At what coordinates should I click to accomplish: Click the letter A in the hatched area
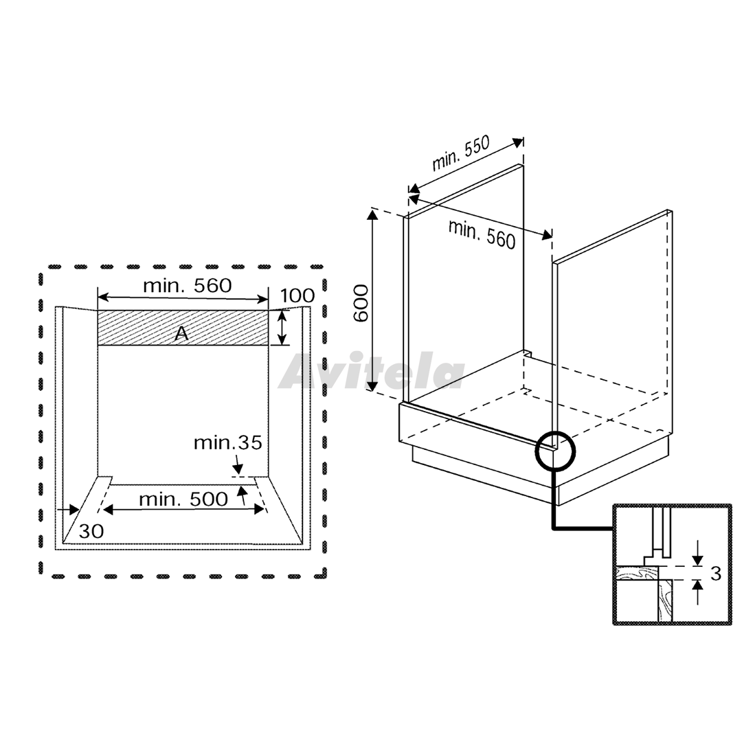pos(181,334)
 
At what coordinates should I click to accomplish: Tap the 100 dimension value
pos(297,295)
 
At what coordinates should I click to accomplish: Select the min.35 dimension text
pos(227,443)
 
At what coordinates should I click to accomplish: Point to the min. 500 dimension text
pos(183,499)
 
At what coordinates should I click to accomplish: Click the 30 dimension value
pos(91,531)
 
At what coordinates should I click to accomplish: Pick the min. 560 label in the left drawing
pos(188,285)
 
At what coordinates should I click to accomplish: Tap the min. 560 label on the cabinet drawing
pos(482,234)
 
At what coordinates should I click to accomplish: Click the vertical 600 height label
pos(361,303)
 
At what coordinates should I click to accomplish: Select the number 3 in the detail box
pos(715,573)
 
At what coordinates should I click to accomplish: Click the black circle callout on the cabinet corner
pos(555,450)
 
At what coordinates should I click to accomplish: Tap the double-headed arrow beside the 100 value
pos(282,327)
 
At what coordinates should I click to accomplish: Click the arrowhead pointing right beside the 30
pos(74,510)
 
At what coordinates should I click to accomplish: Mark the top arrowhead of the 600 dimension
pos(373,216)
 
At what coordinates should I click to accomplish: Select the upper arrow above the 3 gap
pos(697,554)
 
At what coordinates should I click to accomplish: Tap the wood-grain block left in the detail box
pos(636,573)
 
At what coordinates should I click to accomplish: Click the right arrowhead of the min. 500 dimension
pos(259,509)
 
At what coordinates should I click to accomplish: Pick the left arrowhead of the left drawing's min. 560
pos(103,297)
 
